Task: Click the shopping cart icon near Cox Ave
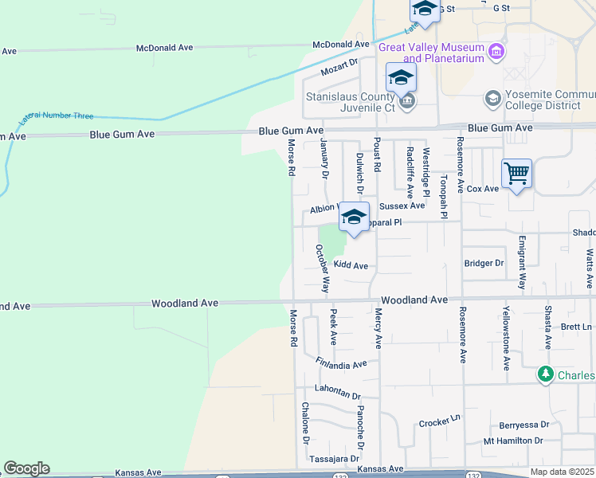[x=516, y=172]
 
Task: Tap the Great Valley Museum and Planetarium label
[x=432, y=53]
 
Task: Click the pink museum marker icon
[x=497, y=52]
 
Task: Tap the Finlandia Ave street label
[x=340, y=364]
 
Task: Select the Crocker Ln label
[x=440, y=421]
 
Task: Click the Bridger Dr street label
[x=484, y=263]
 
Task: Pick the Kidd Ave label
[x=351, y=264]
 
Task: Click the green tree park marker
[x=546, y=374]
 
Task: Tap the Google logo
[x=26, y=468]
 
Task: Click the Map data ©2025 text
[x=563, y=472]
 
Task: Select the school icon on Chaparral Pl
[x=354, y=216]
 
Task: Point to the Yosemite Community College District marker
[x=492, y=98]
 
